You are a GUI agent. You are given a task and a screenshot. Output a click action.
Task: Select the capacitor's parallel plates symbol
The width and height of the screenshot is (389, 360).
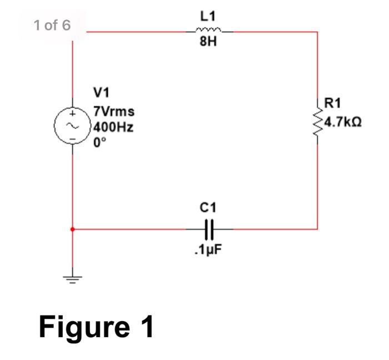[208, 228]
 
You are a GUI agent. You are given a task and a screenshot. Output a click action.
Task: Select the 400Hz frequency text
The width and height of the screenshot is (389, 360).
[114, 127]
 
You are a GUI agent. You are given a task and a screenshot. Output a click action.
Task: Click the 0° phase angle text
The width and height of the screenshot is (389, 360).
[100, 142]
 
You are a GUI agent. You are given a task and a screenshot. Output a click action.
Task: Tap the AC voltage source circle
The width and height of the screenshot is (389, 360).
[73, 126]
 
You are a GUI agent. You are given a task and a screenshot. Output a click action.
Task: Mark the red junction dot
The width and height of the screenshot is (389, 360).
[73, 228]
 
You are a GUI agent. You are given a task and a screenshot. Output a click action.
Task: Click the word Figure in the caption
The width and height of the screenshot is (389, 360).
[81, 327]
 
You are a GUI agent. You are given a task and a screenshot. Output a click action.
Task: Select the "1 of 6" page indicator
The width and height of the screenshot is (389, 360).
[52, 25]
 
